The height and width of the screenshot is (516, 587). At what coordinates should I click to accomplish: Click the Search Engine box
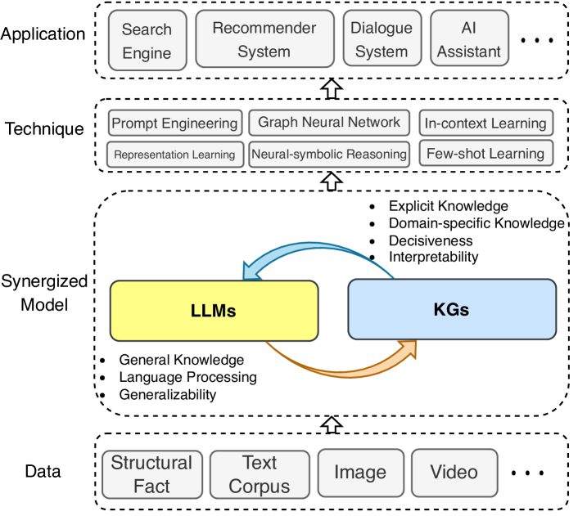(147, 41)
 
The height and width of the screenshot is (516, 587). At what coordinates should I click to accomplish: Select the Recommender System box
(264, 39)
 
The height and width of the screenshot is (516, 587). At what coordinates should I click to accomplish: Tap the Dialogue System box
(382, 39)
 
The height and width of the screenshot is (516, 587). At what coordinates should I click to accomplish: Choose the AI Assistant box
(468, 39)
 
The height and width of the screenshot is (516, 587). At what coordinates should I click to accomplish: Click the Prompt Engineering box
(174, 123)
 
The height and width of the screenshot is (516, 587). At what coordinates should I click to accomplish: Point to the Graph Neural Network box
(328, 123)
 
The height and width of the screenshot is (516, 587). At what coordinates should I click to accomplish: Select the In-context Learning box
(485, 123)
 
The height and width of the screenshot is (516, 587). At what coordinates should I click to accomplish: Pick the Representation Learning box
(174, 154)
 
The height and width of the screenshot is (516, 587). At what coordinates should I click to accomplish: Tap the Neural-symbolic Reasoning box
(328, 154)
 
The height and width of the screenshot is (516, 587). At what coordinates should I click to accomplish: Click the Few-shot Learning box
(485, 153)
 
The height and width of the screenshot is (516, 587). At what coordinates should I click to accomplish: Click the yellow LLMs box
(214, 310)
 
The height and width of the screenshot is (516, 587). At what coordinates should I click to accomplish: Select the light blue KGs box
(451, 309)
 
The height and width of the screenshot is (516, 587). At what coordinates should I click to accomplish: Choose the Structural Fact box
(151, 474)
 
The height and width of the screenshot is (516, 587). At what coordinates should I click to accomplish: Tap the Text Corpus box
(259, 474)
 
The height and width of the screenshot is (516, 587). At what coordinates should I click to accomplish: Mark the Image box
(360, 473)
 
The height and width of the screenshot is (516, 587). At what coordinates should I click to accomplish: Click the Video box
(454, 472)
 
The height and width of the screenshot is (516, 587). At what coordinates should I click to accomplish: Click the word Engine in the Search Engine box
(147, 53)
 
